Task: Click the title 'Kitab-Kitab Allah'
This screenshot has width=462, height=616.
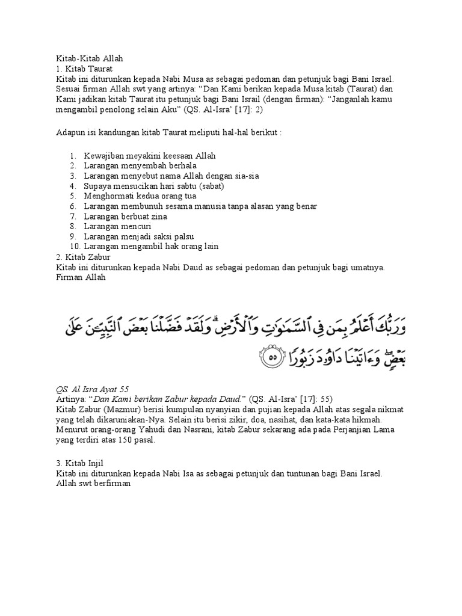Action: (89, 59)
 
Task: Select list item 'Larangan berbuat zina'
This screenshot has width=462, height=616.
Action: (125, 217)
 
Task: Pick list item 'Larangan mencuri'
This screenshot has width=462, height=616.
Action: (117, 226)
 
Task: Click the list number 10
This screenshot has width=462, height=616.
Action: (75, 247)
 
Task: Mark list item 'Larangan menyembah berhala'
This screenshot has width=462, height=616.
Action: (140, 166)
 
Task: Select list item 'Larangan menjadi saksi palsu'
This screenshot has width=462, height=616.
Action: (138, 236)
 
